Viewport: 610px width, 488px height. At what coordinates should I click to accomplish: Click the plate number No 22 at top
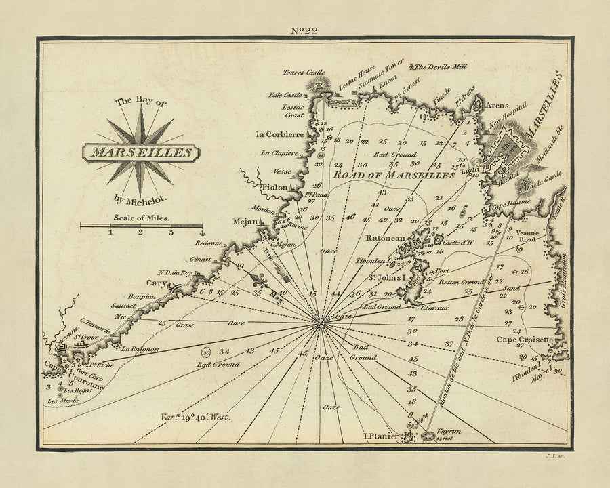pos(306,29)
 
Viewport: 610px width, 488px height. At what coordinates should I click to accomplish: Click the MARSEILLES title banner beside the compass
pos(142,152)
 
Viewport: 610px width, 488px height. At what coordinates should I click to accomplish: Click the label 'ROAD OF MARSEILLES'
pos(393,175)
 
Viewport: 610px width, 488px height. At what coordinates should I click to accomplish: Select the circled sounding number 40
pos(207,352)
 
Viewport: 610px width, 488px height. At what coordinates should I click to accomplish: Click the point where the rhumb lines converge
pos(320,324)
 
